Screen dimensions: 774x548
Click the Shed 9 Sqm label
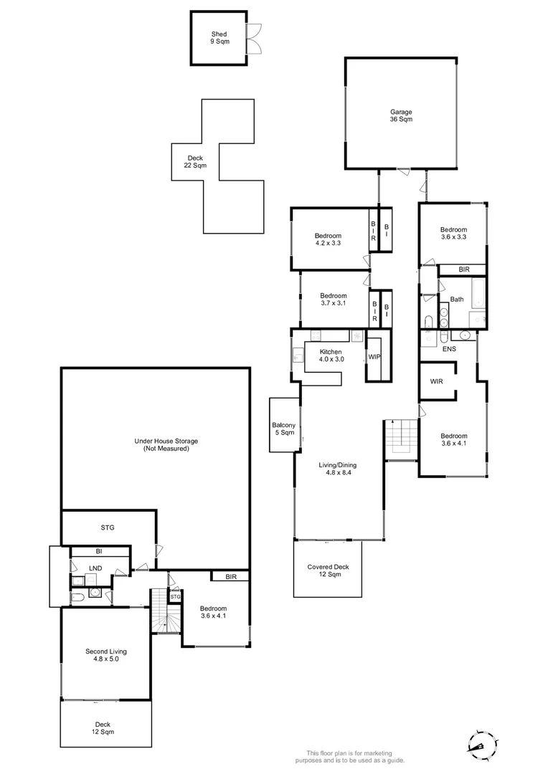(x=219, y=38)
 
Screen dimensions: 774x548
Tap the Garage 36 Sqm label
(x=401, y=115)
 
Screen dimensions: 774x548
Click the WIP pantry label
(x=374, y=356)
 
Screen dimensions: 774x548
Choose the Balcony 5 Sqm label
(x=283, y=429)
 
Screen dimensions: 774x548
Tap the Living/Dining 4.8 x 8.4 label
(x=337, y=469)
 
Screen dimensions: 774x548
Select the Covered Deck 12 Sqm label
(x=328, y=570)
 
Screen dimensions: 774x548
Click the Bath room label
(x=457, y=300)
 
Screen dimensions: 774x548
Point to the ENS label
(x=449, y=349)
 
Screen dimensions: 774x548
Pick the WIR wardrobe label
(x=436, y=381)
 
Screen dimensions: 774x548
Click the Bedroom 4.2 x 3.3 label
(x=328, y=239)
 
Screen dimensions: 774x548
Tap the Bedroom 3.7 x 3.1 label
(x=334, y=300)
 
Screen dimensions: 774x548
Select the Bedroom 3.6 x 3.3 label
(x=453, y=233)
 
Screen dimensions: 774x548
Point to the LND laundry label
(x=95, y=568)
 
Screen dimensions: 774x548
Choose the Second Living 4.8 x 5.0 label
(x=106, y=655)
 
